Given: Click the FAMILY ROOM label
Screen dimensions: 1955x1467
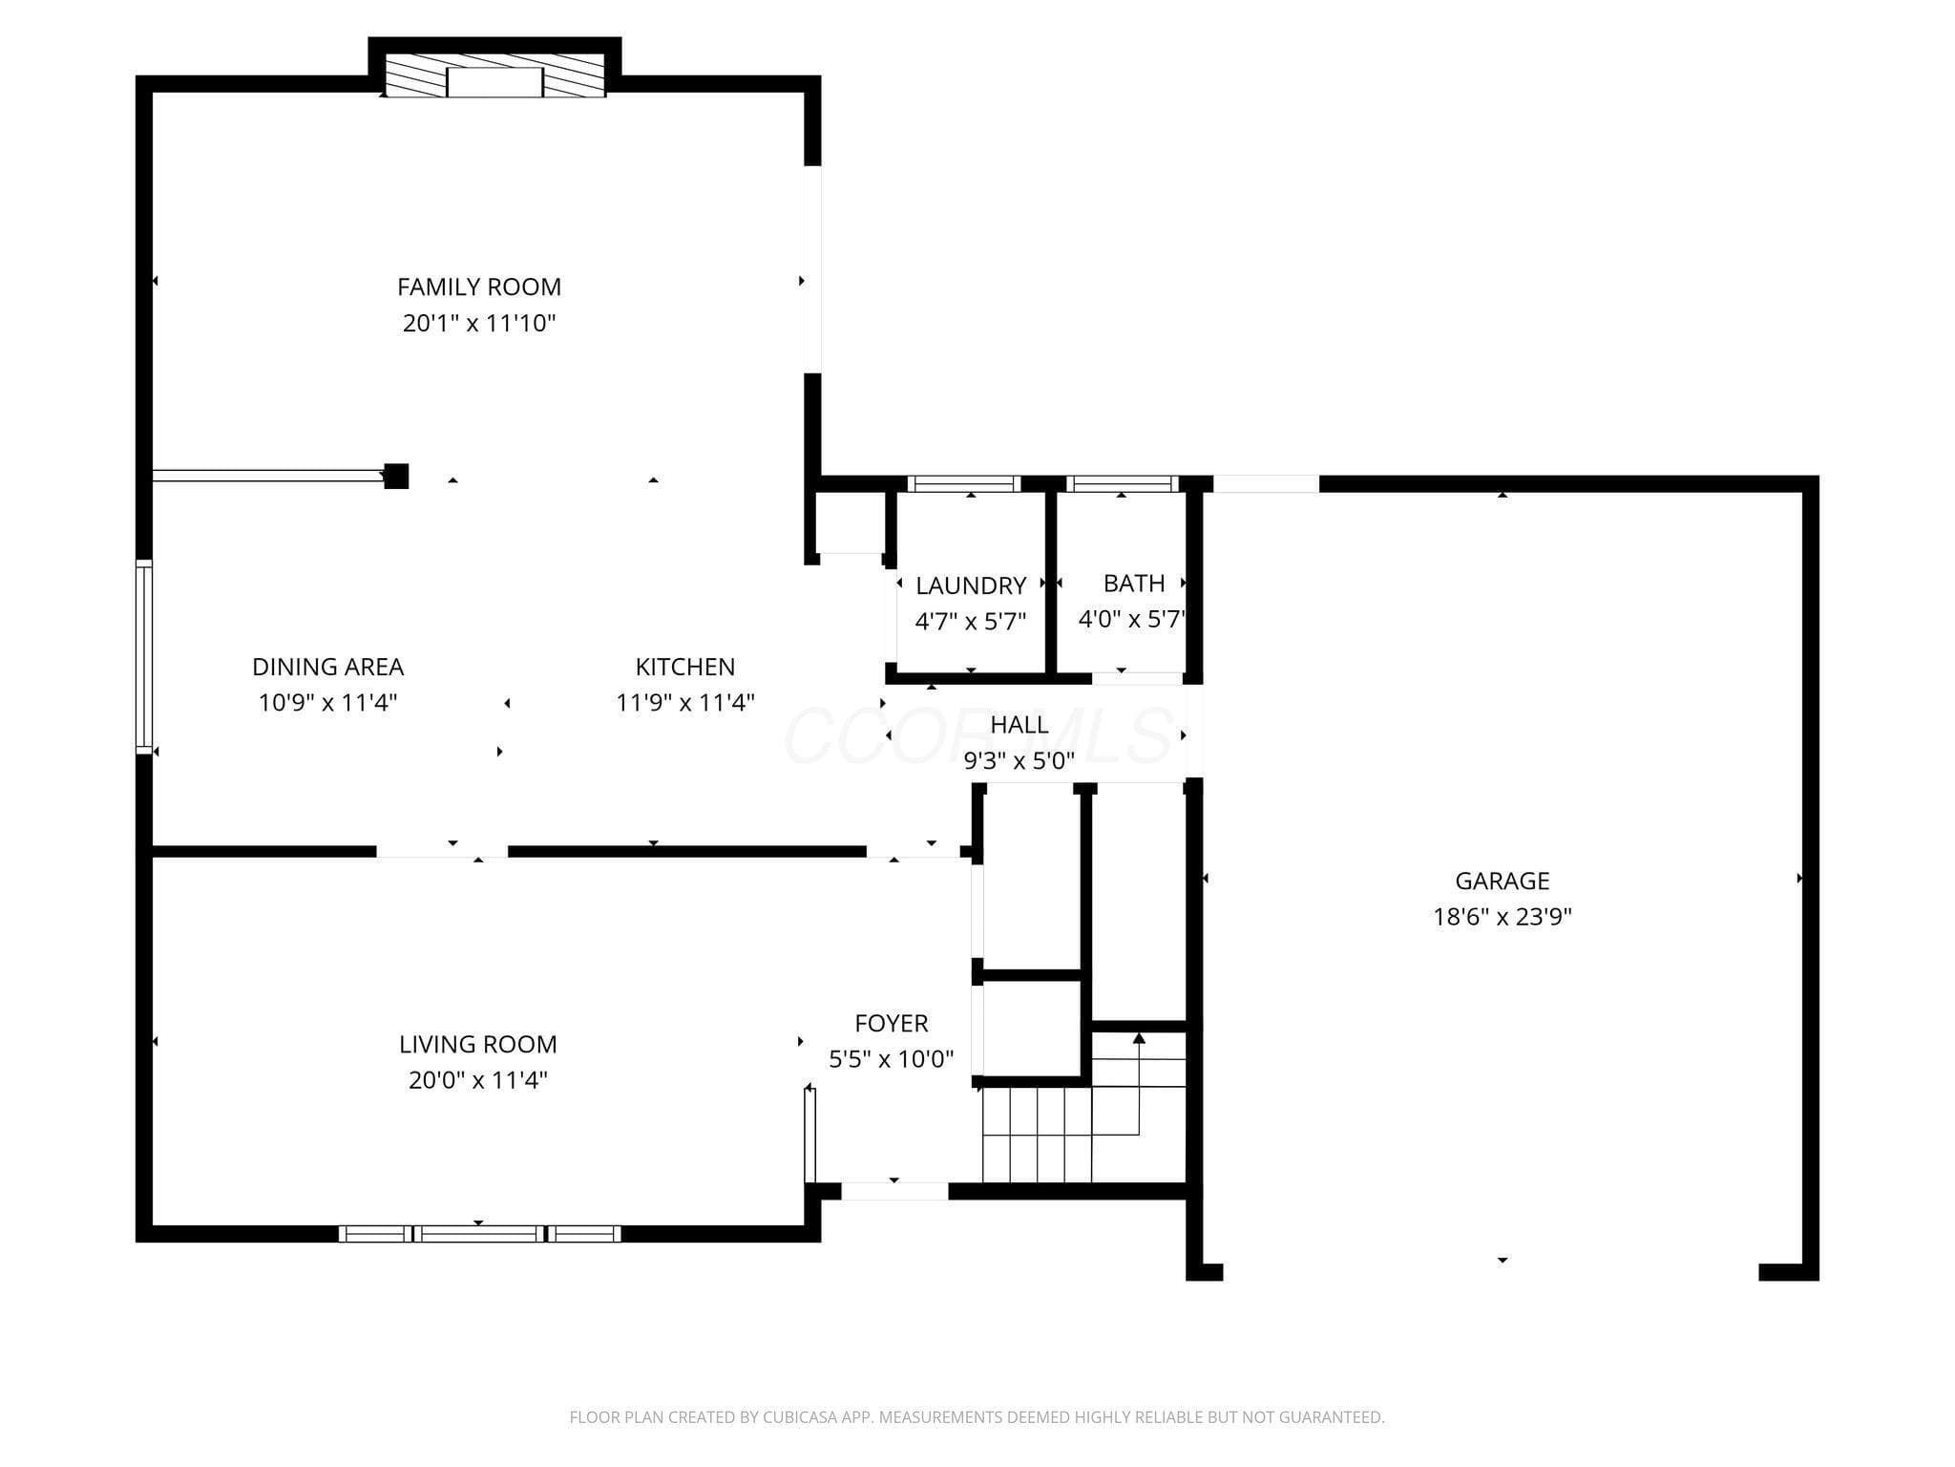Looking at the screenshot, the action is click(x=479, y=287).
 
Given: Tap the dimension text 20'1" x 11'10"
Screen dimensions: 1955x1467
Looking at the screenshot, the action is click(x=479, y=323).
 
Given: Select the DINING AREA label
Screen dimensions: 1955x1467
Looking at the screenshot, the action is click(x=327, y=667).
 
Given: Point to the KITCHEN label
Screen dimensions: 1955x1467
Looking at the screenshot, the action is click(x=685, y=667).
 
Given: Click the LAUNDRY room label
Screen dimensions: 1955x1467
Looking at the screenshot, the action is click(x=971, y=585).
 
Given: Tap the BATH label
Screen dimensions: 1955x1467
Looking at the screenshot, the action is click(x=1134, y=583).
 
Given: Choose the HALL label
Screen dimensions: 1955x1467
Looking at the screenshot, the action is click(x=1020, y=725).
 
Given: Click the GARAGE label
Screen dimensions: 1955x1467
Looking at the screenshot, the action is click(x=1503, y=881).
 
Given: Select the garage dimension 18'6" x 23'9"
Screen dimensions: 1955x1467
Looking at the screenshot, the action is click(x=1503, y=917).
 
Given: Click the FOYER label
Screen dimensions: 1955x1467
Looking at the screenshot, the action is click(x=892, y=1023).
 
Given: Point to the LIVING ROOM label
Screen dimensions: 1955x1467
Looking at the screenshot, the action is click(x=478, y=1044).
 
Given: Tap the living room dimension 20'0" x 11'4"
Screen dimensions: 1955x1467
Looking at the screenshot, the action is click(x=478, y=1080).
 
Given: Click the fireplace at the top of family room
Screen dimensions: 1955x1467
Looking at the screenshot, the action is click(x=494, y=75).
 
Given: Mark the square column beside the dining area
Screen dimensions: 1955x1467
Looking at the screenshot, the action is click(x=396, y=476).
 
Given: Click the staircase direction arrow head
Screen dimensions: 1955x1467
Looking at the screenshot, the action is click(x=1139, y=1038).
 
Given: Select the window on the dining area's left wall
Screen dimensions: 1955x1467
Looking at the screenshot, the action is click(x=144, y=657).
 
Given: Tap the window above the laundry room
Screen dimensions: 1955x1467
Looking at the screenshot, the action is click(x=964, y=483).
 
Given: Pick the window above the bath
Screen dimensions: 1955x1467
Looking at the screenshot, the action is click(x=1123, y=483).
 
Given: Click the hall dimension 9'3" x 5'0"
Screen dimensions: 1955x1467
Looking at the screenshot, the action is click(x=1020, y=761).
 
